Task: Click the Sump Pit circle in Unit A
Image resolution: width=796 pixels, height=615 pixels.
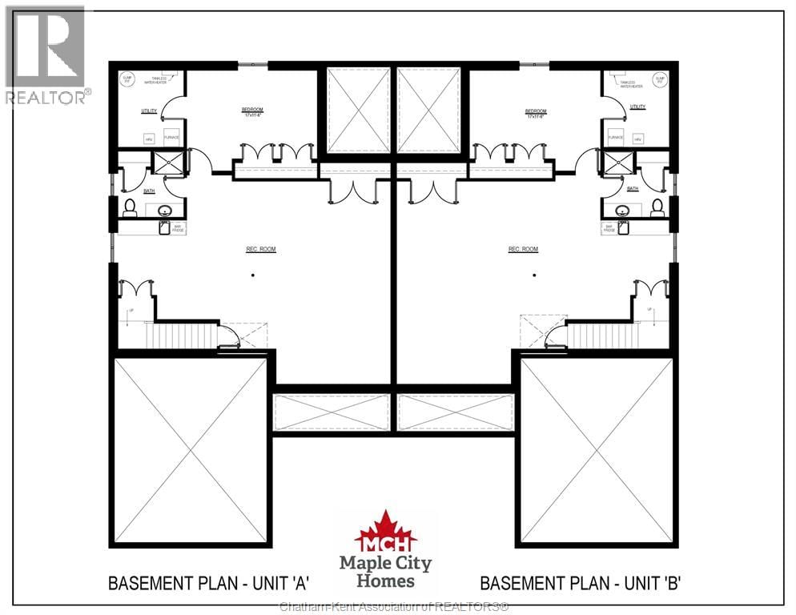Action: click(126, 79)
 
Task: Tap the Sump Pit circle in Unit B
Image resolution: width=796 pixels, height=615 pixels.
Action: click(659, 79)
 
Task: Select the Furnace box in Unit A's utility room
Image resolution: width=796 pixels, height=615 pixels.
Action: click(171, 135)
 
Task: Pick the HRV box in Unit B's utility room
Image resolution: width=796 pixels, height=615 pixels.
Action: click(637, 138)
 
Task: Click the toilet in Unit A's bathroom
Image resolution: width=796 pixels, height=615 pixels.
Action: click(130, 207)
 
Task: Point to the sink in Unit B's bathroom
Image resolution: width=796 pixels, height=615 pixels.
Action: click(622, 211)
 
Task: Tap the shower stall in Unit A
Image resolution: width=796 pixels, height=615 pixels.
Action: click(169, 163)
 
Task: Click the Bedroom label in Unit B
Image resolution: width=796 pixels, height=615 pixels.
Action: click(536, 112)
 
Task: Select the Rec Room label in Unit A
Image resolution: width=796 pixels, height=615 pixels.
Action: click(260, 250)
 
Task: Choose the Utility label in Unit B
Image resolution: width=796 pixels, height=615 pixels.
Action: click(637, 107)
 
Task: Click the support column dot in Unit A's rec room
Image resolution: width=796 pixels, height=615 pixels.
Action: click(252, 275)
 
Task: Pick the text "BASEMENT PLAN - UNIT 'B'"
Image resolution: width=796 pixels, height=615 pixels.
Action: click(580, 583)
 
